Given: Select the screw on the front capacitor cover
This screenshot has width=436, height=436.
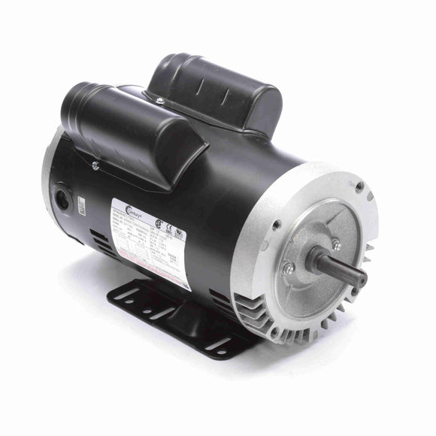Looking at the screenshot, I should click(x=95, y=165).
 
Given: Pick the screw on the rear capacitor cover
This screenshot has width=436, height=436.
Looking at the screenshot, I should click(x=159, y=100).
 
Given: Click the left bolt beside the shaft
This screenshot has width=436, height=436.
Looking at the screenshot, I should click(x=288, y=268).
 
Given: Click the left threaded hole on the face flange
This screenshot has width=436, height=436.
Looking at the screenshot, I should click(x=277, y=225).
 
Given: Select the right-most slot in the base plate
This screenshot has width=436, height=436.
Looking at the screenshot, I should click(x=220, y=344).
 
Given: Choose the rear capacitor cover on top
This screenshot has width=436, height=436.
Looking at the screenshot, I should click(x=218, y=90).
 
